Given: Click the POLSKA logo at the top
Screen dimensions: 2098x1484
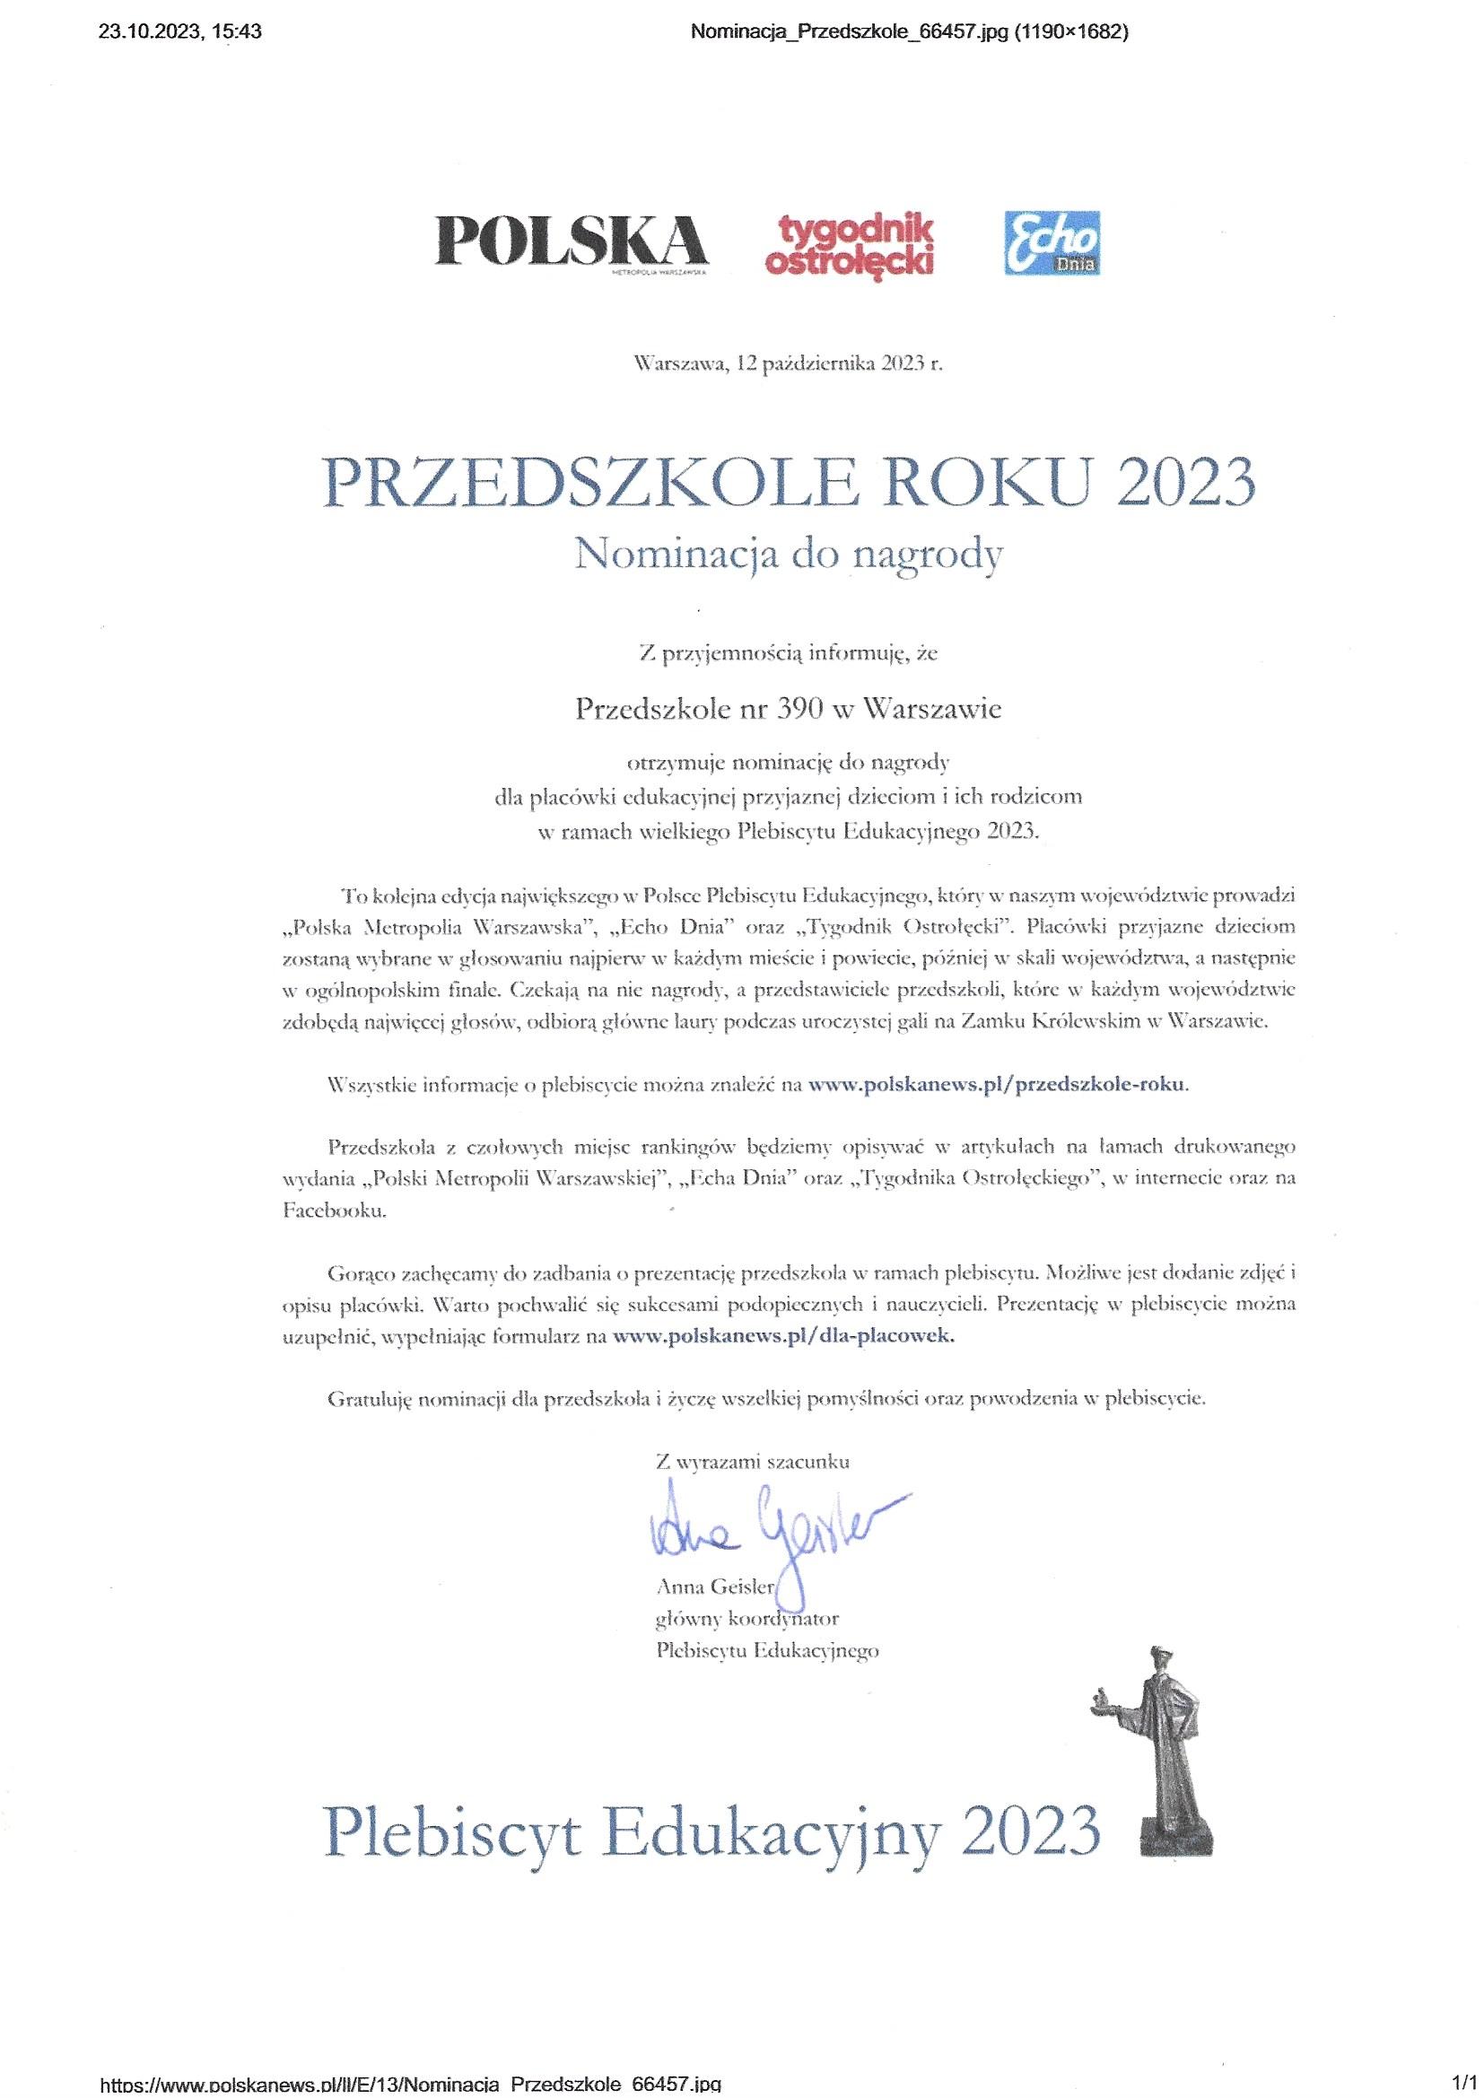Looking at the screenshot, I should [x=572, y=240].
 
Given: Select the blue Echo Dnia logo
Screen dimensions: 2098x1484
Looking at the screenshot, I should [x=1051, y=242].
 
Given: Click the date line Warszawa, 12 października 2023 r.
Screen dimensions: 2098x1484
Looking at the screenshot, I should [x=787, y=363].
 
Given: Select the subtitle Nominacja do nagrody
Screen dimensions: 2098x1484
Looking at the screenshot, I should [x=787, y=555].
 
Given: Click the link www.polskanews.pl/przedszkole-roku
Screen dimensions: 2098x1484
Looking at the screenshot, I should [x=999, y=1085].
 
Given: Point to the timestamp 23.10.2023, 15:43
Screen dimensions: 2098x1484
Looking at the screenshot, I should [x=179, y=33].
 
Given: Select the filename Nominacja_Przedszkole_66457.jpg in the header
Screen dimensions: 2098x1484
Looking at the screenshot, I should [x=850, y=33].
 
